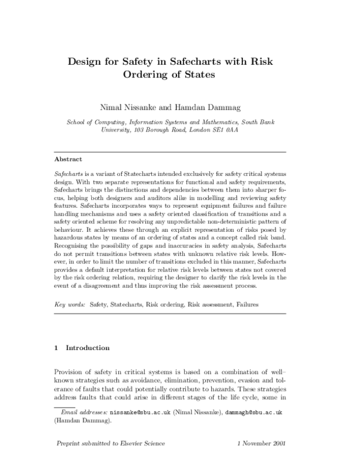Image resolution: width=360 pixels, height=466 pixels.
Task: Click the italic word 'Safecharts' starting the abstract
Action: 67,173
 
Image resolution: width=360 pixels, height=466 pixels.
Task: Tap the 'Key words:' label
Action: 70,305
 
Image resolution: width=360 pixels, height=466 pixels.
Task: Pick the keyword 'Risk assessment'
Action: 211,305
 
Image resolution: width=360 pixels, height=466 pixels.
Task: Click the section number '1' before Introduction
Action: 56,348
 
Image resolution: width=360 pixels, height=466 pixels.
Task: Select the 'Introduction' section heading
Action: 88,348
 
